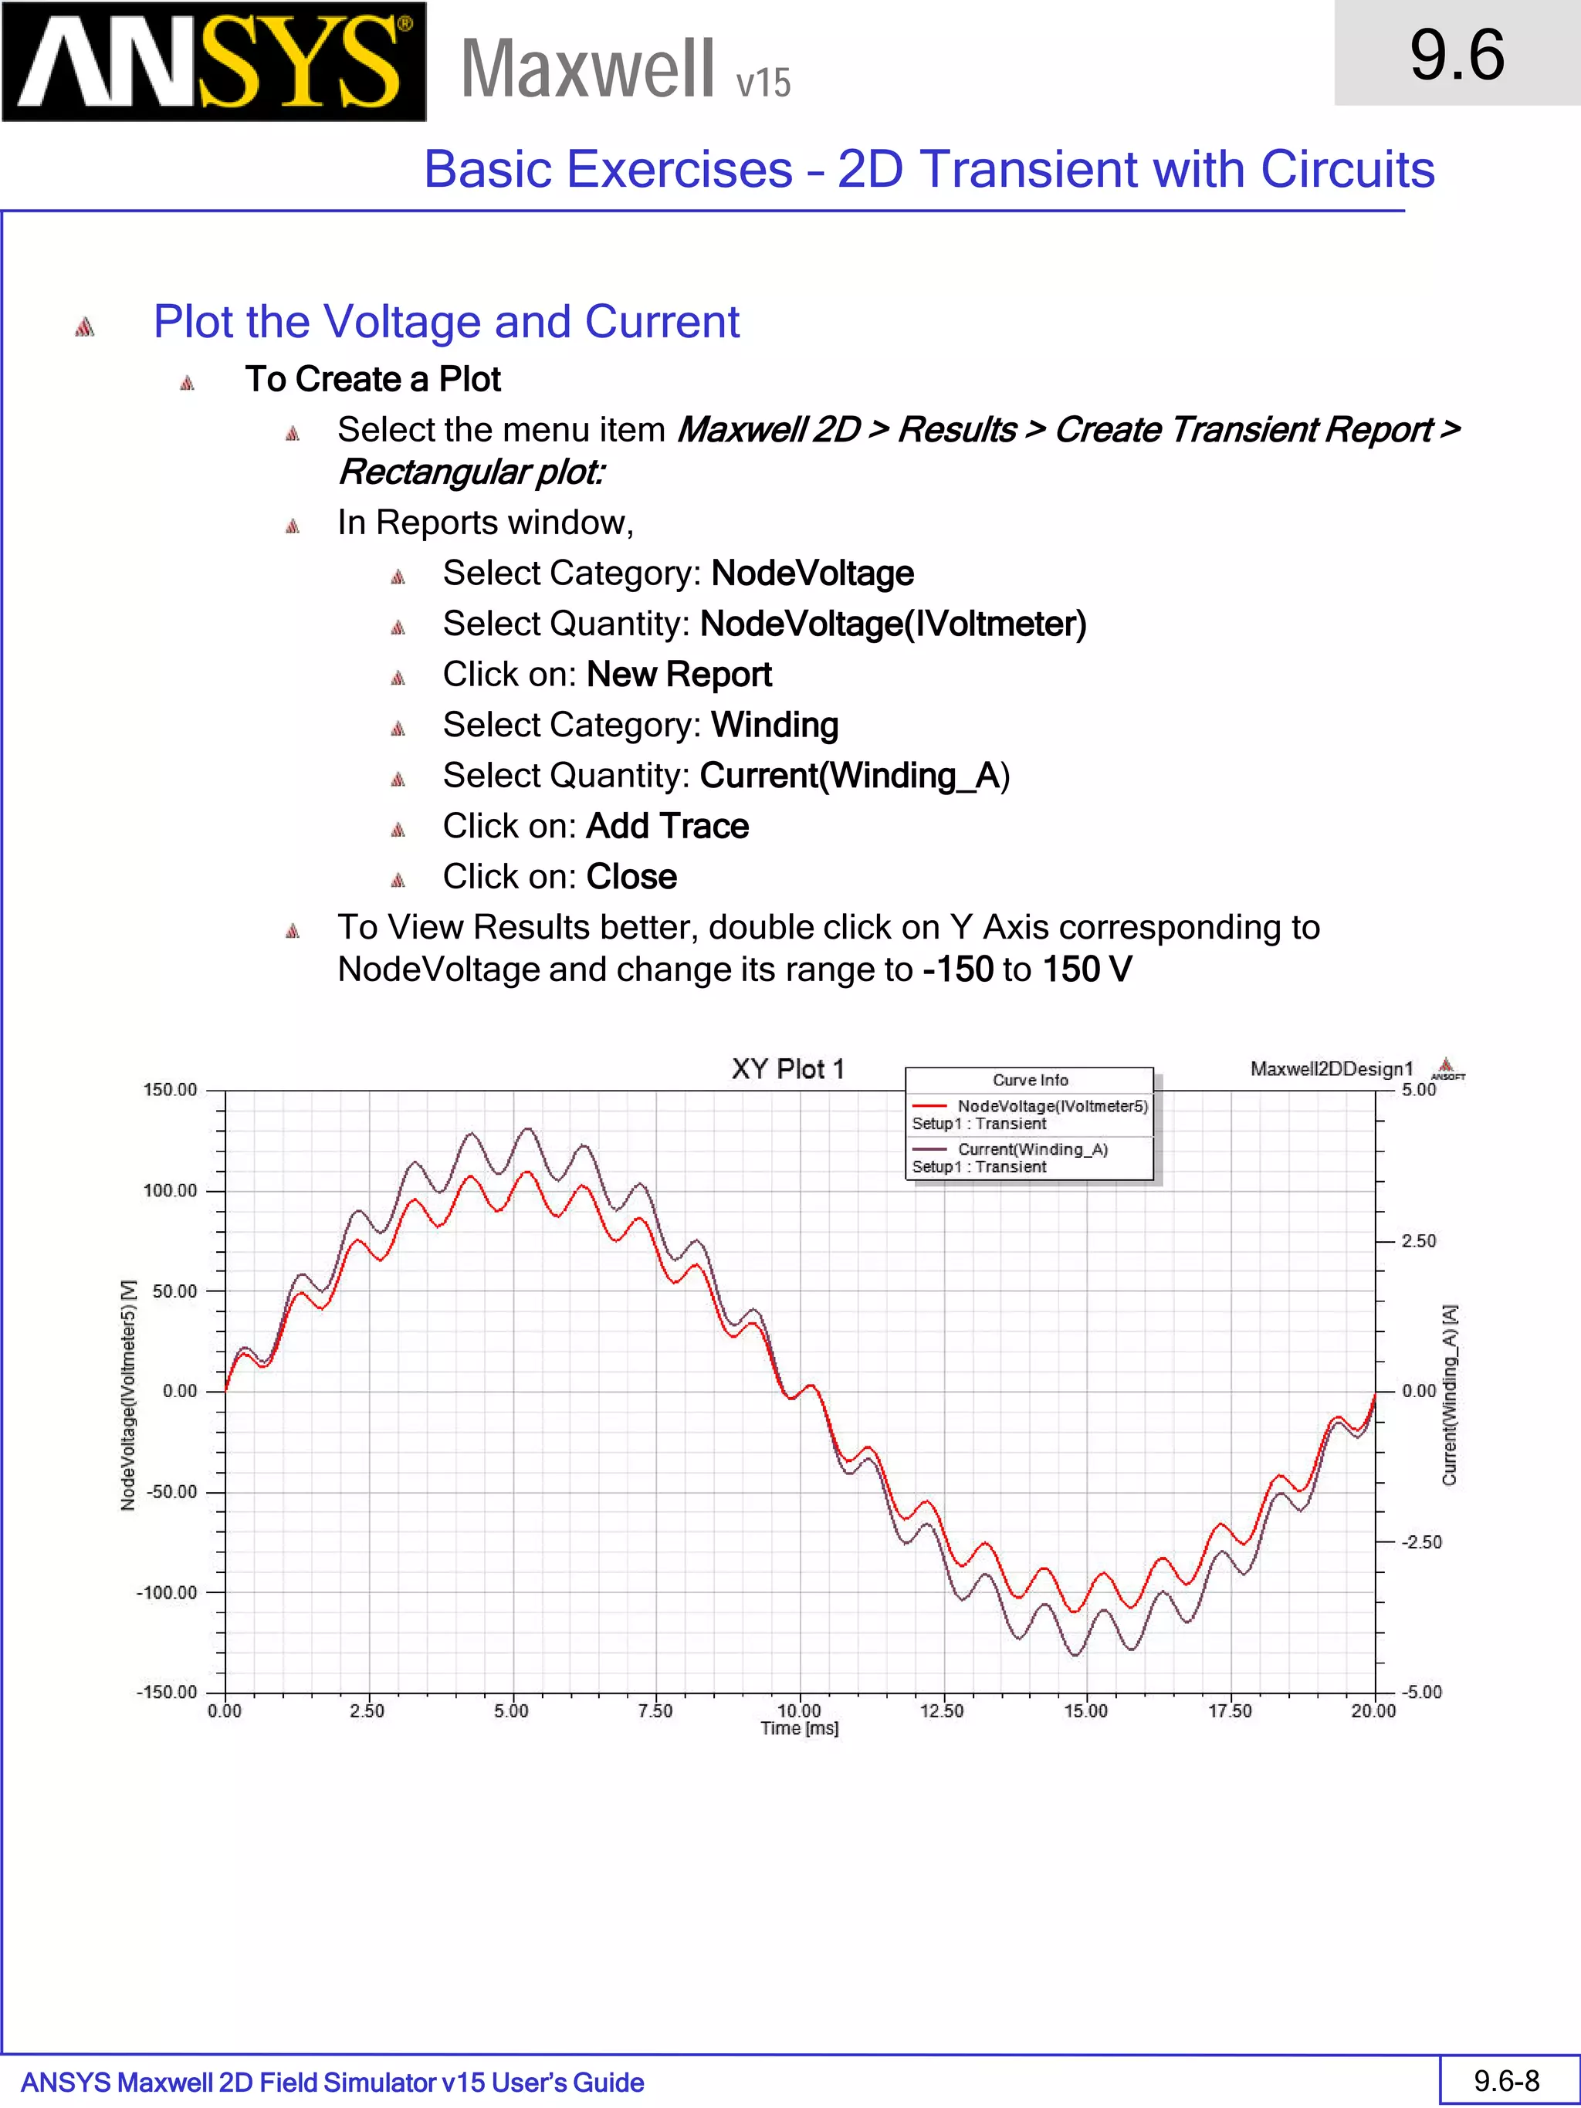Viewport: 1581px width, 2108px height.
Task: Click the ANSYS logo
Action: click(x=214, y=62)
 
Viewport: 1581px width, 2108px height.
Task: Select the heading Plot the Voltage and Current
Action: click(x=446, y=322)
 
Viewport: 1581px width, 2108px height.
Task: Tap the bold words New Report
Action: click(x=679, y=675)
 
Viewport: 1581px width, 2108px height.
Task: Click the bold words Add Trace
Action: click(x=667, y=826)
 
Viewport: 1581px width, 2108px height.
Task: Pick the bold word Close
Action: click(x=631, y=877)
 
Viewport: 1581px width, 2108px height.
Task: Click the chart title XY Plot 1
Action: click(x=787, y=1069)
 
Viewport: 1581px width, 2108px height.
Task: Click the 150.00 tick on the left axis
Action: click(x=170, y=1090)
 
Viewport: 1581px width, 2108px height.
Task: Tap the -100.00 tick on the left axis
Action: click(x=167, y=1592)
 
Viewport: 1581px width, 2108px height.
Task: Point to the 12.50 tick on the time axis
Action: click(x=942, y=1710)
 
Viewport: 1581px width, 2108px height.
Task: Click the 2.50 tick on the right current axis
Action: click(x=1418, y=1240)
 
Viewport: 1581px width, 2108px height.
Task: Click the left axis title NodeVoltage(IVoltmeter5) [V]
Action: click(x=127, y=1395)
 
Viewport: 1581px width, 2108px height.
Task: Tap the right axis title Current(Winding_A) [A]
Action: click(x=1450, y=1395)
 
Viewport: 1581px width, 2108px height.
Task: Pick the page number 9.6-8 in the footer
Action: click(x=1507, y=2080)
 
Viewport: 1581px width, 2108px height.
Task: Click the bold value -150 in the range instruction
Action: click(x=958, y=970)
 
